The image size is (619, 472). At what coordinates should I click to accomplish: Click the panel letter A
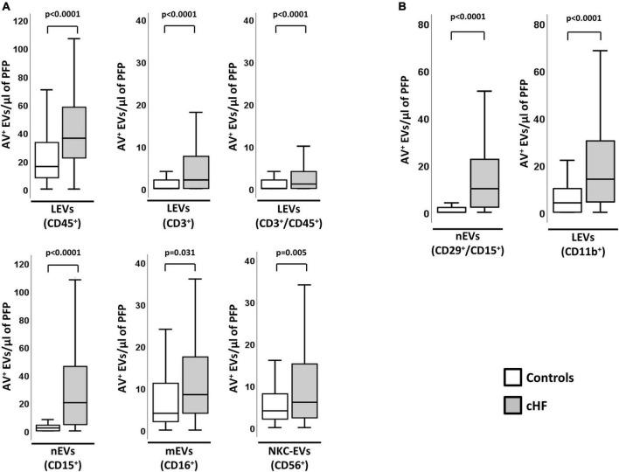pyautogui.click(x=6, y=7)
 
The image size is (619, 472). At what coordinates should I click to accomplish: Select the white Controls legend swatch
pyautogui.click(x=514, y=378)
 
